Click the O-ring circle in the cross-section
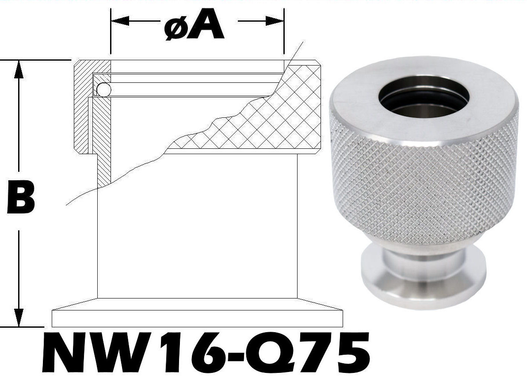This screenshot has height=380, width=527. tap(104, 90)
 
